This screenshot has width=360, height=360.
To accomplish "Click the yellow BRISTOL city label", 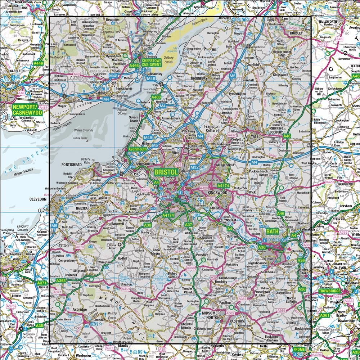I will [x=166, y=172].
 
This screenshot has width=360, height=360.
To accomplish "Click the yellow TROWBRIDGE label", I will [x=329, y=291].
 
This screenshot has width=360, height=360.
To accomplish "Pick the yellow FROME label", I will [x=298, y=350].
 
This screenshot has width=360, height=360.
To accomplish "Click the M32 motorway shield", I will [x=195, y=167].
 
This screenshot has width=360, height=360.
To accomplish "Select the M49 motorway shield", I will [x=148, y=138].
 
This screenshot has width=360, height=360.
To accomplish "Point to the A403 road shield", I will [x=156, y=97].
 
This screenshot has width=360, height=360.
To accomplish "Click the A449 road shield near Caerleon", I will [x=38, y=64].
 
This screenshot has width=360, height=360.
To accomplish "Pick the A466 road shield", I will [x=134, y=66].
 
